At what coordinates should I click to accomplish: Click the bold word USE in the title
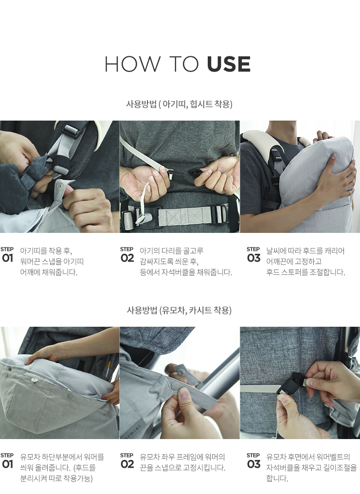pyautogui.click(x=229, y=64)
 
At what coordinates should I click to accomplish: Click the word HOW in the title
pyautogui.click(x=132, y=64)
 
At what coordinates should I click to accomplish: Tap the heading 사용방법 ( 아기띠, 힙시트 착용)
pyautogui.click(x=180, y=104)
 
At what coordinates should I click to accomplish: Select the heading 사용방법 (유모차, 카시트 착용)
pyautogui.click(x=180, y=310)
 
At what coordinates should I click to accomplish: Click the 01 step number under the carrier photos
pyautogui.click(x=7, y=258)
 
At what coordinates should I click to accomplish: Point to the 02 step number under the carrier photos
pyautogui.click(x=127, y=258)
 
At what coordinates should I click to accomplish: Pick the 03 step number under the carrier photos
pyautogui.click(x=254, y=258)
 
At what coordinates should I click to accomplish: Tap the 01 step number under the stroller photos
pyautogui.click(x=7, y=464)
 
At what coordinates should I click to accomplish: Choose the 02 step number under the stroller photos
pyautogui.click(x=127, y=464)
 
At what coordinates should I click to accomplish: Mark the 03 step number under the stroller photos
pyautogui.click(x=254, y=464)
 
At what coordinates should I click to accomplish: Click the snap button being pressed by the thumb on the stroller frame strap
pyautogui.click(x=176, y=386)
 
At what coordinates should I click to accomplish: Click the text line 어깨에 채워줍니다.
pyautogui.click(x=49, y=272)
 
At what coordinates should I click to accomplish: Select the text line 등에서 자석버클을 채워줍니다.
pyautogui.click(x=186, y=272)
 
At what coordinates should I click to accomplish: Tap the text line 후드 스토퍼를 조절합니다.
pyautogui.click(x=306, y=272)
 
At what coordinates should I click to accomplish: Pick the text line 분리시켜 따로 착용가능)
pyautogui.click(x=56, y=478)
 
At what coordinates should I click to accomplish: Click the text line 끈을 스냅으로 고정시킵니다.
pyautogui.click(x=182, y=468)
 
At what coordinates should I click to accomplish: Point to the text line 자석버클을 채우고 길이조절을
pyautogui.click(x=311, y=468)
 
